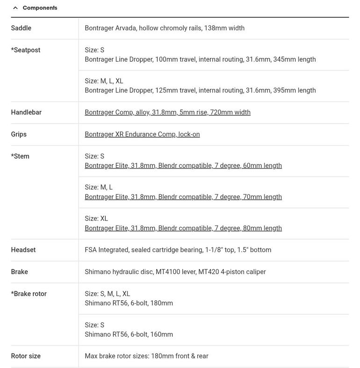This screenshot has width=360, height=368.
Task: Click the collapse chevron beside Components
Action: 15,8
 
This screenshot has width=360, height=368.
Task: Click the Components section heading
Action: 40,8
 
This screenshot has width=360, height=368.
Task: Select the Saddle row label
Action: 21,28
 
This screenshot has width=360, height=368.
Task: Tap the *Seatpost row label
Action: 26,50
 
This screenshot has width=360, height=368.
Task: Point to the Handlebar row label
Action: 26,112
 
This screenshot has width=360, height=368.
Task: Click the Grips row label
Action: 19,134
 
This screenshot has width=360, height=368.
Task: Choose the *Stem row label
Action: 20,156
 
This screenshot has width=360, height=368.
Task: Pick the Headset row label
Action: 23,250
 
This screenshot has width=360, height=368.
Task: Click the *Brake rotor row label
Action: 29,294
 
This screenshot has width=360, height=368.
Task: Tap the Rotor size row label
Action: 26,356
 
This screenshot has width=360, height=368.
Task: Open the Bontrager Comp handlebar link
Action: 167,112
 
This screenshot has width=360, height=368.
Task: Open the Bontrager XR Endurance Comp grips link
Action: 142,134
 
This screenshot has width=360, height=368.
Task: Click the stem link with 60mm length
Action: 183,165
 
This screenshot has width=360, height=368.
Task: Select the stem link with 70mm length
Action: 183,197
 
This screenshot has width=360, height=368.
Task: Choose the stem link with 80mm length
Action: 183,228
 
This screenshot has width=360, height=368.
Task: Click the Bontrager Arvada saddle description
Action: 165,28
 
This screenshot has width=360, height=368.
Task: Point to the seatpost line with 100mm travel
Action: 200,59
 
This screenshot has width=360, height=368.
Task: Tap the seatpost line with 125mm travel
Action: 200,90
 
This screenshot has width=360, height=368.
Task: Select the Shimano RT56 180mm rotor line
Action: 129,303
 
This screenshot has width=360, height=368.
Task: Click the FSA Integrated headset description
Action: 178,250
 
